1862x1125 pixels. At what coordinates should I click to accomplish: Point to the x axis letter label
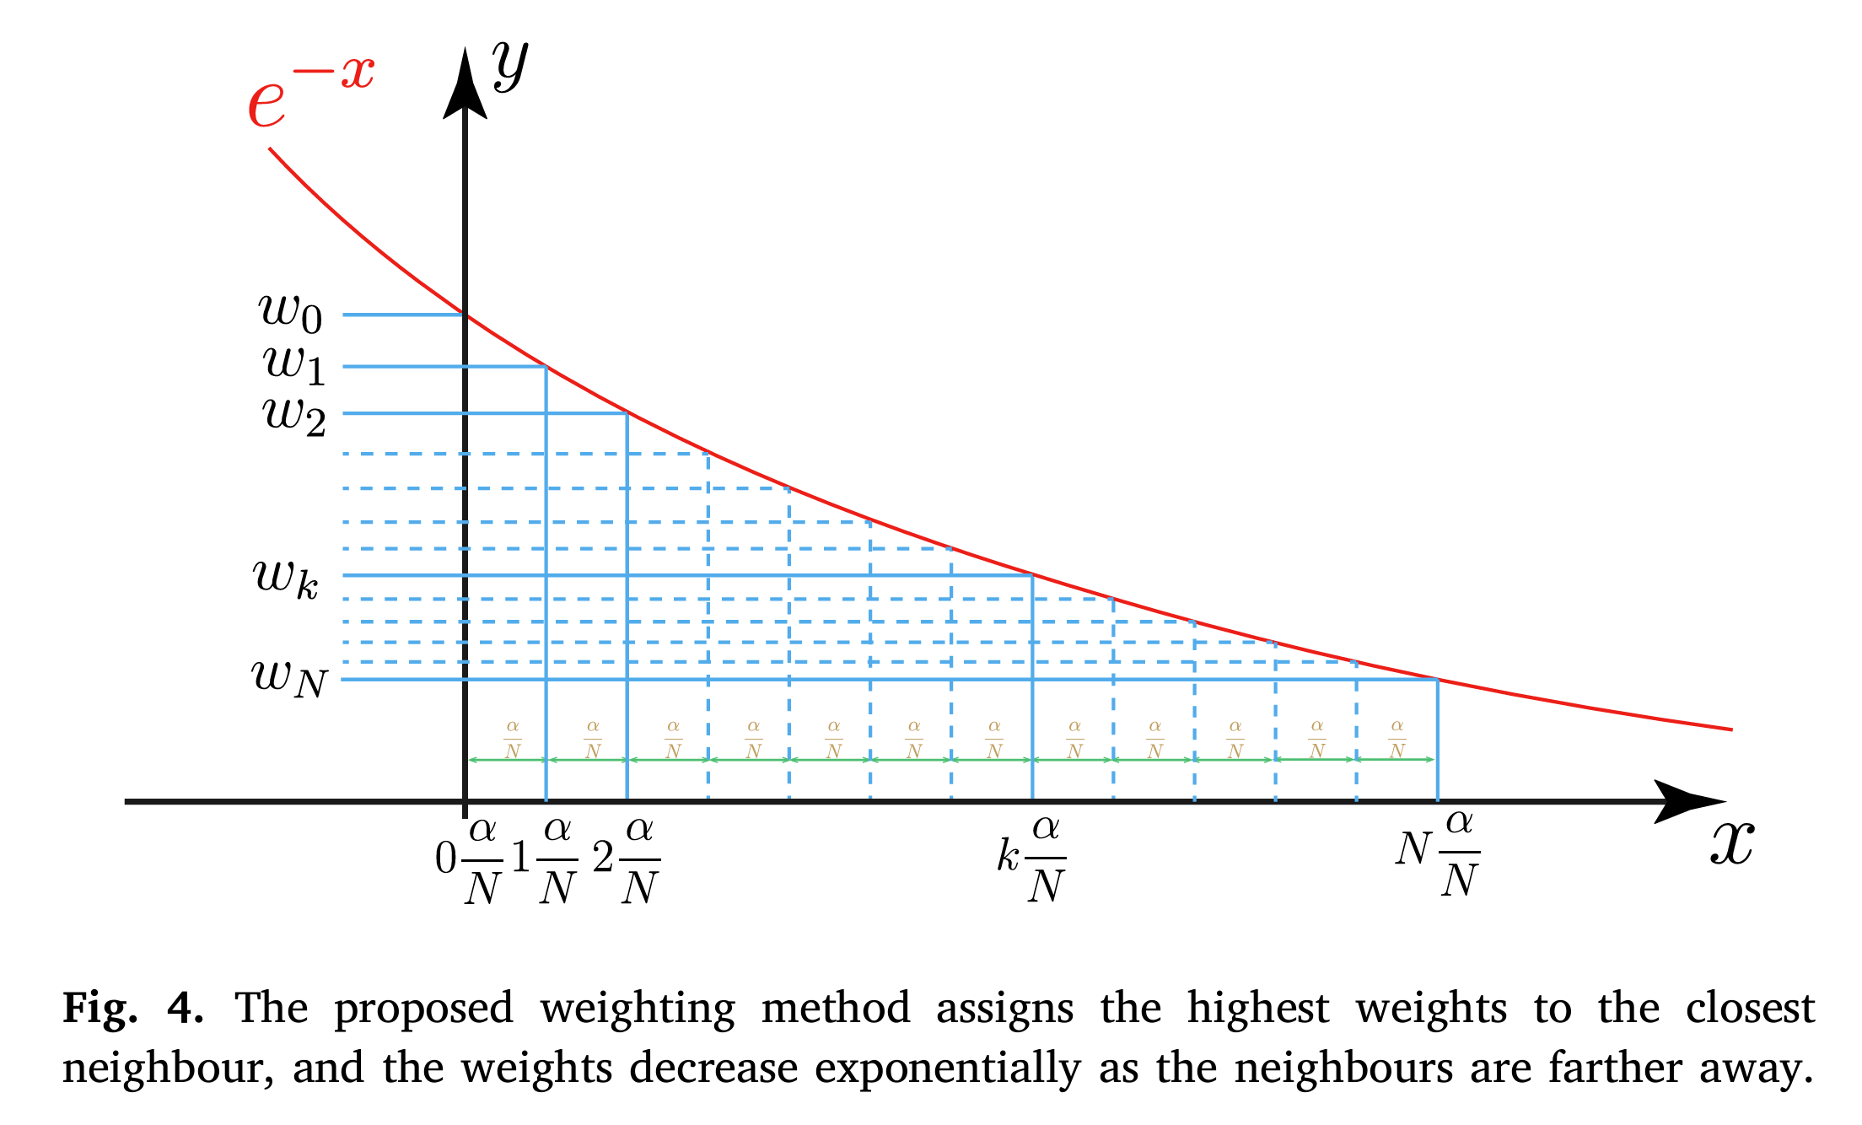[1732, 842]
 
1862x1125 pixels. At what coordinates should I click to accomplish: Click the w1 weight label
[293, 364]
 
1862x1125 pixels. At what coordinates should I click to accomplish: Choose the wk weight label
[286, 579]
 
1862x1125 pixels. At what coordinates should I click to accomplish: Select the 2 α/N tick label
[627, 860]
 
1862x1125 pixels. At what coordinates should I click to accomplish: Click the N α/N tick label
[1438, 854]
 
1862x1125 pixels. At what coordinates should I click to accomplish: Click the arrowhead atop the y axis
[465, 84]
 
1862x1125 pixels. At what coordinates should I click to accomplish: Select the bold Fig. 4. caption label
[132, 1009]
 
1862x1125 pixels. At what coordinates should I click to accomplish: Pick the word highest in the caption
[1257, 1009]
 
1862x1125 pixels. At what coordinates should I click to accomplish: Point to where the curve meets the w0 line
[465, 315]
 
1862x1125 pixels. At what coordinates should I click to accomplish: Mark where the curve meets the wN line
[1438, 680]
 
